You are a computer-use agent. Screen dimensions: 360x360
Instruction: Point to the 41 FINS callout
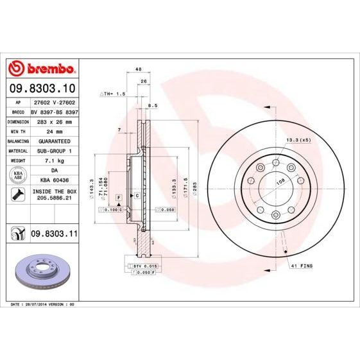click(x=302, y=264)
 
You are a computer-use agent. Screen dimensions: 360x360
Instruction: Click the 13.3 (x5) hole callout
click(x=298, y=139)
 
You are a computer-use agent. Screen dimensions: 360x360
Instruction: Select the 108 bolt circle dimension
click(x=280, y=182)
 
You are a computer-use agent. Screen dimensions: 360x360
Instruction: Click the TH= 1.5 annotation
click(x=114, y=94)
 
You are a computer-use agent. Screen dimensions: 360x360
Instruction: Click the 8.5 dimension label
click(x=152, y=105)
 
